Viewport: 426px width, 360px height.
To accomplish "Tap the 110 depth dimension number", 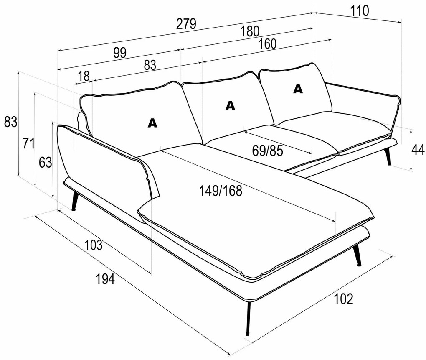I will (x=360, y=10).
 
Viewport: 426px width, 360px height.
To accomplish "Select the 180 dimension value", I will (x=250, y=31).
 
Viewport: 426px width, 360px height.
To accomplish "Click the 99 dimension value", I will (x=119, y=52).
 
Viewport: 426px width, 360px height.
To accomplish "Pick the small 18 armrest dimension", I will (x=84, y=76).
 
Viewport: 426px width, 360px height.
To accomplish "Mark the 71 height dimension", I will (x=28, y=143).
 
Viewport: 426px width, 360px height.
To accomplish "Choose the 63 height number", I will (x=45, y=162).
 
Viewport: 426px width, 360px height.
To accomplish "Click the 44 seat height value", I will (x=418, y=149).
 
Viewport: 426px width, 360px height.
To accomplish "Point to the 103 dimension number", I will (x=93, y=245).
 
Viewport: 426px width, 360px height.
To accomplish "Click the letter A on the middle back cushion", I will (x=230, y=105).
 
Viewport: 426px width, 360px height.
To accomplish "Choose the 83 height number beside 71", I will (x=10, y=122).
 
